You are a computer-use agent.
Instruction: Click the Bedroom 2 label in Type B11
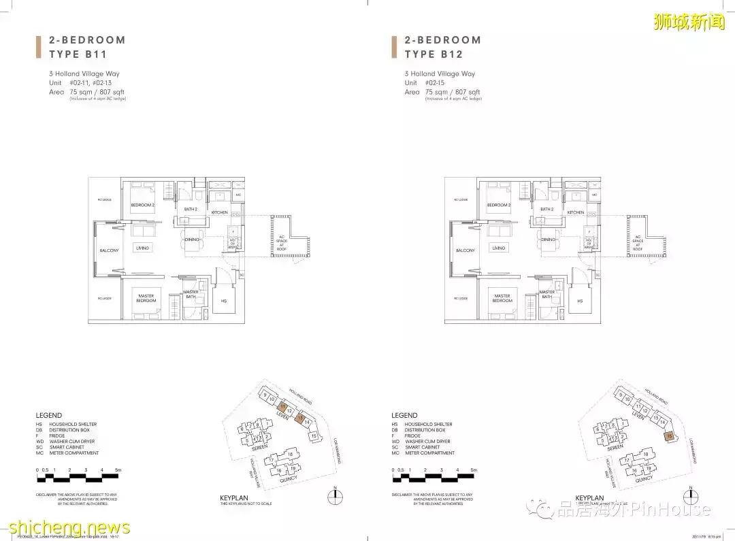[143, 205]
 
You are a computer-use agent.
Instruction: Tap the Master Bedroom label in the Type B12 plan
[502, 298]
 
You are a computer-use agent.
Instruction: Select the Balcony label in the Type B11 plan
[110, 250]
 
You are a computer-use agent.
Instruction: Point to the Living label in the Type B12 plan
[499, 248]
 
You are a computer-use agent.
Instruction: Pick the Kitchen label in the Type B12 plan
[575, 212]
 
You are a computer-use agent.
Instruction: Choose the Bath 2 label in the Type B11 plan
[191, 209]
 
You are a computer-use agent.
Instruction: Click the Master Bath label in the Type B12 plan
[547, 294]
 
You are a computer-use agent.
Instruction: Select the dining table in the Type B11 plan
[191, 240]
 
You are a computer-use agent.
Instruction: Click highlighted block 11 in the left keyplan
[282, 407]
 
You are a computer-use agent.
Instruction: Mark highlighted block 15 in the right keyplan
[670, 435]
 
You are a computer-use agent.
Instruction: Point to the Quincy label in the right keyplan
[642, 478]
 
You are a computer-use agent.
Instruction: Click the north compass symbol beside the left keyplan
[336, 494]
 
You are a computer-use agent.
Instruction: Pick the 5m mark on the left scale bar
[118, 470]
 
